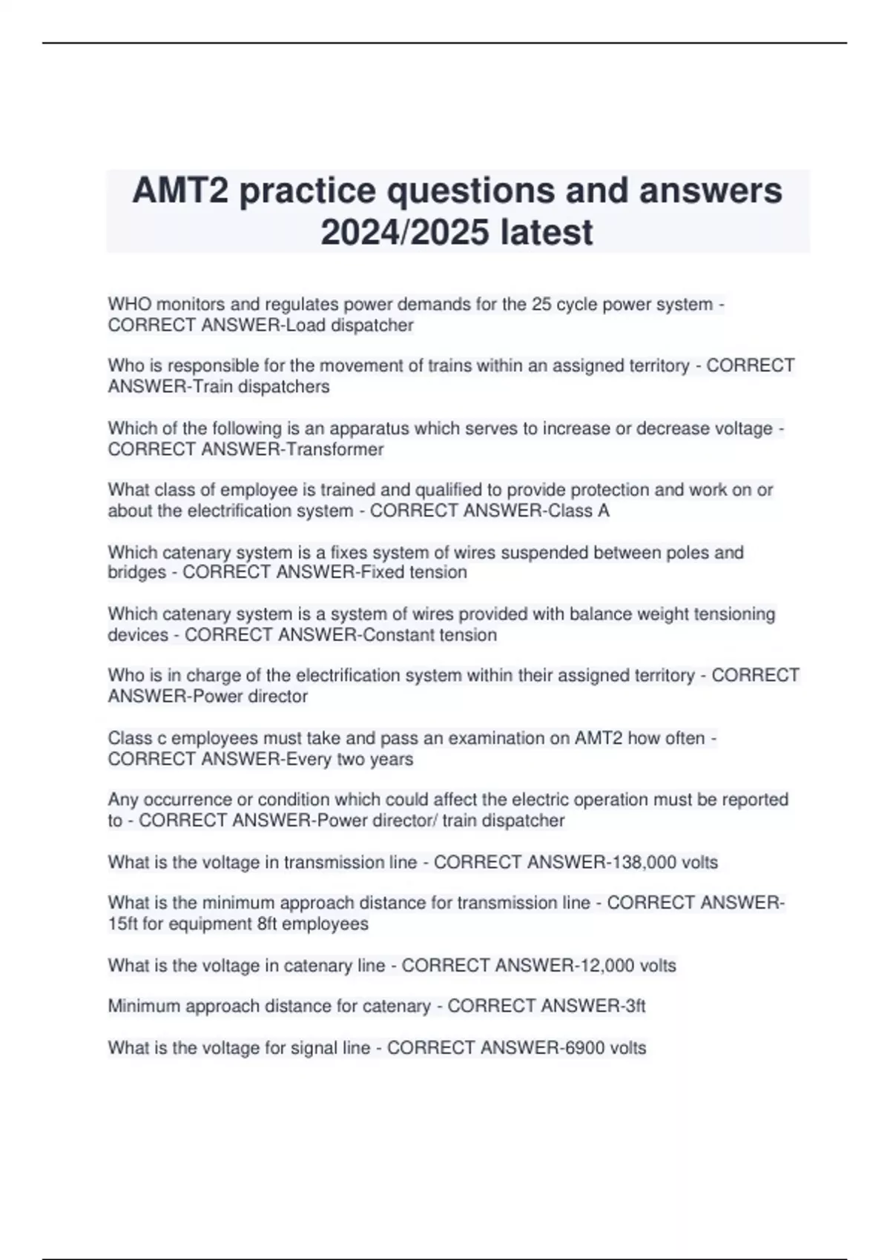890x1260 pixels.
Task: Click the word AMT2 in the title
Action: point(180,190)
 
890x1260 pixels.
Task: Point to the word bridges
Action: point(136,572)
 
